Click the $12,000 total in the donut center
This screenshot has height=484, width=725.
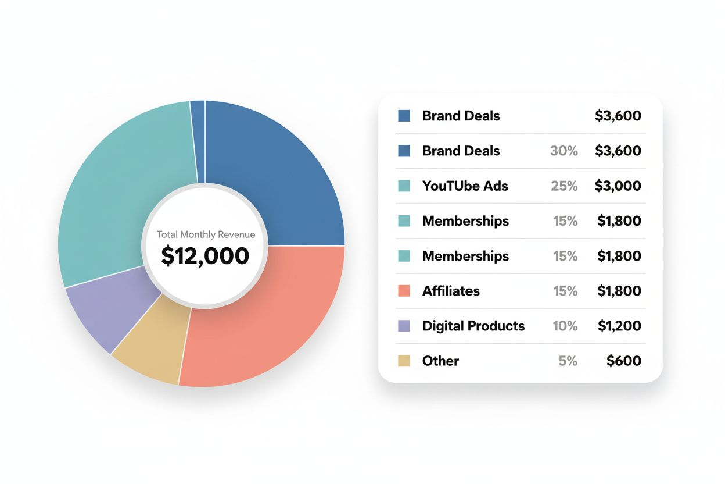(x=205, y=256)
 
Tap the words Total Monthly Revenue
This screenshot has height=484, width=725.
(x=206, y=235)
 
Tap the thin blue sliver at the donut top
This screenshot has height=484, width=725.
(x=198, y=140)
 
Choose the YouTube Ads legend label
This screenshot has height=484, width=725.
(x=465, y=186)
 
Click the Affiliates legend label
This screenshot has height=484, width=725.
(x=451, y=291)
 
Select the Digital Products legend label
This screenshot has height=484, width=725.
(x=473, y=326)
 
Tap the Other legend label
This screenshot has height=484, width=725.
(x=440, y=361)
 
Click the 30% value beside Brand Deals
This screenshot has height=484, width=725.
(x=564, y=151)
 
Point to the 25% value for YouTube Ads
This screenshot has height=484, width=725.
(x=564, y=186)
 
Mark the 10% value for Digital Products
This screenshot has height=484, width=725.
(x=565, y=326)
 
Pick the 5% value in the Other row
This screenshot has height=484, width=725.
(x=568, y=361)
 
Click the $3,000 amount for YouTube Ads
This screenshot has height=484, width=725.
(x=618, y=186)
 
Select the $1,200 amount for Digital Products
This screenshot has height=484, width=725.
(x=619, y=326)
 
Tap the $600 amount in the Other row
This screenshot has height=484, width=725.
(x=624, y=361)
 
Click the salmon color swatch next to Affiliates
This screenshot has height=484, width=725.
(x=404, y=291)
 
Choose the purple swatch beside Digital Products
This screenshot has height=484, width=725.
(x=404, y=326)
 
